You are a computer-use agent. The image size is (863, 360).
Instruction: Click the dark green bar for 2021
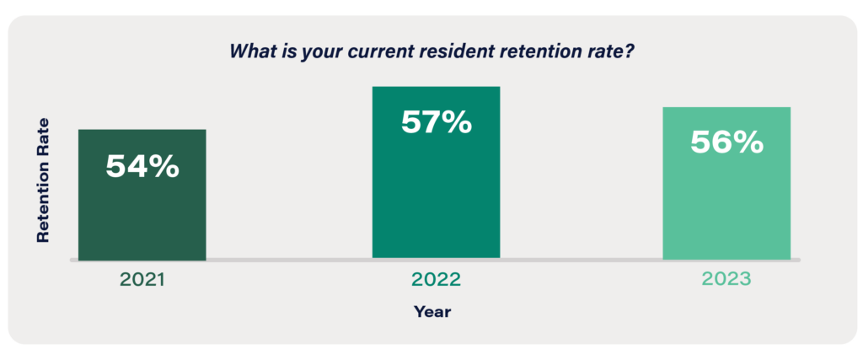pyautogui.click(x=142, y=194)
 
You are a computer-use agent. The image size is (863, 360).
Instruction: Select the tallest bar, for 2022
pyautogui.click(x=436, y=172)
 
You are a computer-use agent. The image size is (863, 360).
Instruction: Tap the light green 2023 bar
pyautogui.click(x=726, y=183)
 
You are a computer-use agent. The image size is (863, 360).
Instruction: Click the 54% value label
pyautogui.click(x=142, y=166)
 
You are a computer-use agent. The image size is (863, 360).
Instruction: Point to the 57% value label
pyautogui.click(x=437, y=122)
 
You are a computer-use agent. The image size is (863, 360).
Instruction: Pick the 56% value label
pyautogui.click(x=726, y=142)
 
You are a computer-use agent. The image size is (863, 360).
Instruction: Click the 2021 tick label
pyautogui.click(x=142, y=280)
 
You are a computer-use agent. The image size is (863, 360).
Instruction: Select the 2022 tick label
pyautogui.click(x=436, y=280)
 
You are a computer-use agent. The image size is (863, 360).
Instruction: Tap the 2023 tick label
pyautogui.click(x=726, y=279)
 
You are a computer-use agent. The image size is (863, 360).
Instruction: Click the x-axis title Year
pyautogui.click(x=432, y=312)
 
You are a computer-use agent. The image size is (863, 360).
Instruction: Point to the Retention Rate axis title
pyautogui.click(x=43, y=180)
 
